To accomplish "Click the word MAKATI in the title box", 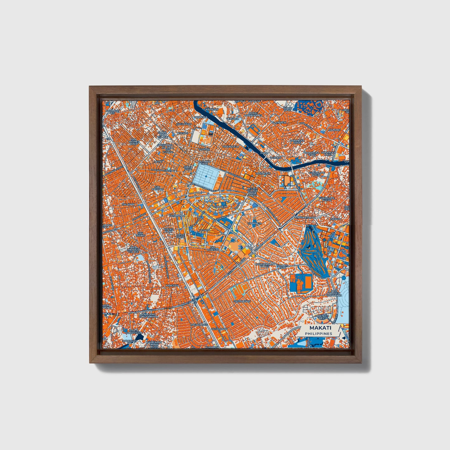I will [x=320, y=328].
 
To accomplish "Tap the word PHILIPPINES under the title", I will [x=318, y=334].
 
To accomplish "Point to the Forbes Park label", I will [x=282, y=267].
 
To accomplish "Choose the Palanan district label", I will [x=128, y=204].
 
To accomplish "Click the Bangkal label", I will [x=172, y=285].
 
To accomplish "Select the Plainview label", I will [x=279, y=123].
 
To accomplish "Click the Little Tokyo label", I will [x=180, y=236].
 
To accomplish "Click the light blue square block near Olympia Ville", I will [x=206, y=176].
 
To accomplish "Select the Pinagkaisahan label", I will [x=306, y=217].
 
